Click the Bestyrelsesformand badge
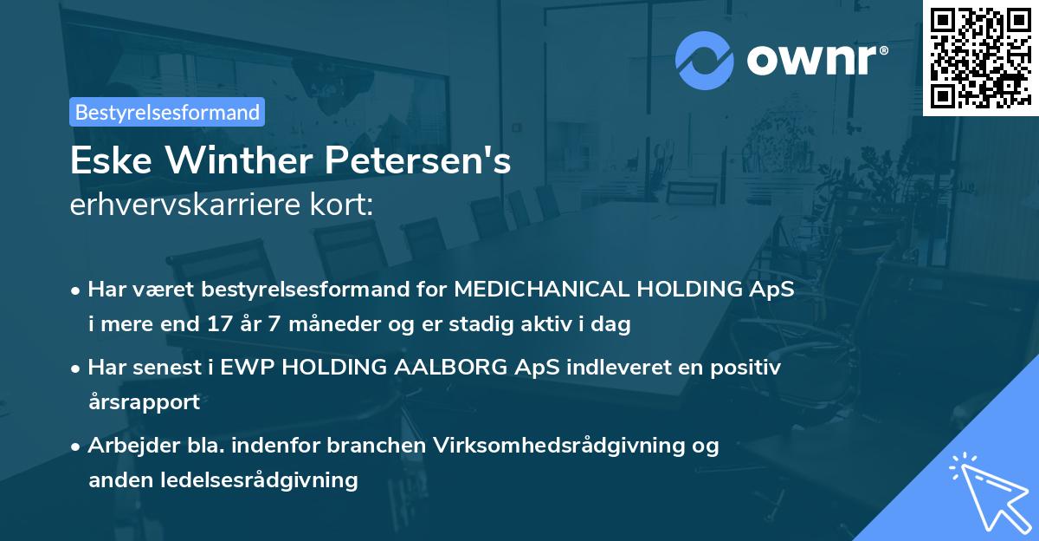(x=167, y=112)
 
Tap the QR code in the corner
(x=980, y=57)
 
